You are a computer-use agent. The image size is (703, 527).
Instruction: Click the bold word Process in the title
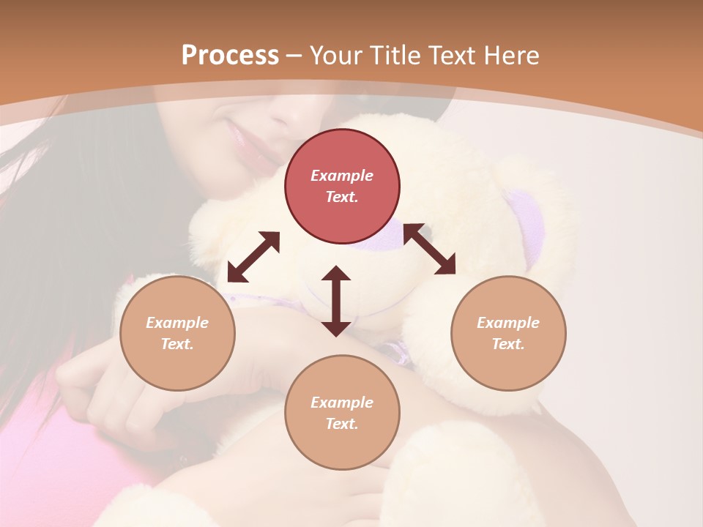tap(230, 56)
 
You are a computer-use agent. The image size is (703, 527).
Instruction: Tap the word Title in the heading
tap(392, 56)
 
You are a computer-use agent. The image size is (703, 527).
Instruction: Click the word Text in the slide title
tap(450, 56)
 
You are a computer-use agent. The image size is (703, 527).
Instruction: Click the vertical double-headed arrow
tap(336, 301)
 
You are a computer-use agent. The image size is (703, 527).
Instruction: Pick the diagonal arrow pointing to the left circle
tap(253, 257)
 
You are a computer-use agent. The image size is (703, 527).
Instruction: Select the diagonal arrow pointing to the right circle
tap(429, 250)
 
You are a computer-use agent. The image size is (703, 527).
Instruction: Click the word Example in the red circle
tap(342, 176)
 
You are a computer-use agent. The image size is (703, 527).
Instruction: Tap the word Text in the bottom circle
tap(342, 424)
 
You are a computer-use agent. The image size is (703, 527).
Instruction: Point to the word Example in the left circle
tap(177, 323)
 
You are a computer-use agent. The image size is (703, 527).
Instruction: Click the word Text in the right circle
tap(508, 344)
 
